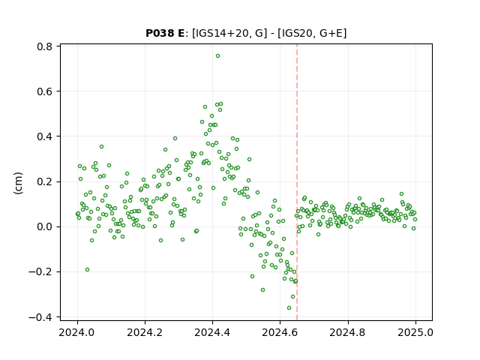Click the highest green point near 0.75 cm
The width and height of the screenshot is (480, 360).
217,56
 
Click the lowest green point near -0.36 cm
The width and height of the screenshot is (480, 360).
289,308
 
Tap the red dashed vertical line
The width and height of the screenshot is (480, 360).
297,182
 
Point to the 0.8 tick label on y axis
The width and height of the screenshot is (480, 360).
45,46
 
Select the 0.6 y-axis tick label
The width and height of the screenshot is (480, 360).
45,91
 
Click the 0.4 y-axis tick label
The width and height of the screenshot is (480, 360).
45,136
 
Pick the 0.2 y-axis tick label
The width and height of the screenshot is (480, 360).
45,181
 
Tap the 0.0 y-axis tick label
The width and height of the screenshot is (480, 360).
45,226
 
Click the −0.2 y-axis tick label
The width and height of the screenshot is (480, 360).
40,271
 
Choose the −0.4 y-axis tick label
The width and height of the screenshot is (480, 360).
40,317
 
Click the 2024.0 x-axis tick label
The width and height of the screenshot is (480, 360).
77,332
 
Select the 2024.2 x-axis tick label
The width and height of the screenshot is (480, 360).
145,332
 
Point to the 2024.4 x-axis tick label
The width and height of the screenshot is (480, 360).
212,332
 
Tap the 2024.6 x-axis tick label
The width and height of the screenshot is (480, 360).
280,332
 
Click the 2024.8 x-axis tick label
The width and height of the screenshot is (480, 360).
348,332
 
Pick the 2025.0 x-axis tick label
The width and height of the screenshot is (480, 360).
415,332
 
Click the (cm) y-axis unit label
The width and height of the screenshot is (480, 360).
18,183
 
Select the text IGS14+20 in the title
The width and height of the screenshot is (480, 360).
220,33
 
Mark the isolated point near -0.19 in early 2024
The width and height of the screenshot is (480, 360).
87,270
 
